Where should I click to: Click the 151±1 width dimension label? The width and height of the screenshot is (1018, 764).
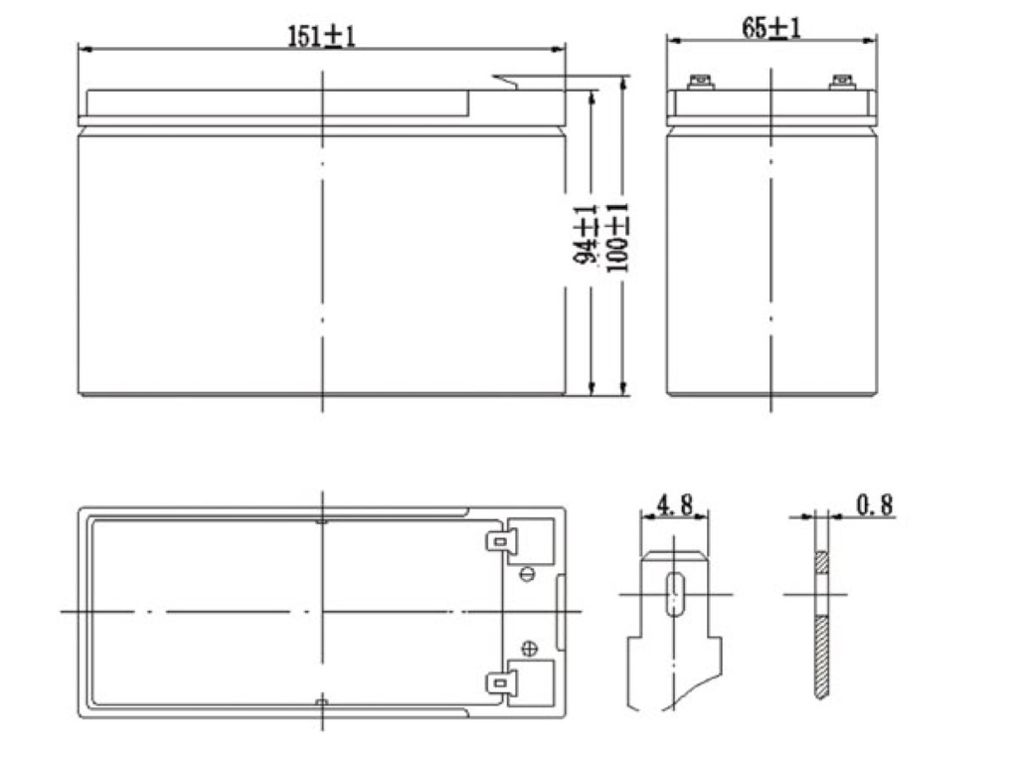point(321,36)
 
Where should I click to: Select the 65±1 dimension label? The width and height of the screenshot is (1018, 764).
point(771,28)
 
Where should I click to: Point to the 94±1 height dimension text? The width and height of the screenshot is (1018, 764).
point(585,234)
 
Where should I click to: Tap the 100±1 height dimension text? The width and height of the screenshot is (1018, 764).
point(616,237)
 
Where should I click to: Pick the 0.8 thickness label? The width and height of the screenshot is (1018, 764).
point(875,504)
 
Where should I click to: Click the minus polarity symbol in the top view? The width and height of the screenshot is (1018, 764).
point(528,574)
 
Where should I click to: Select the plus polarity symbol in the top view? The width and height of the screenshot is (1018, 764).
point(530,649)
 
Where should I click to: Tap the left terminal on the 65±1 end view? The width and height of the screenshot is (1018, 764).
point(701,83)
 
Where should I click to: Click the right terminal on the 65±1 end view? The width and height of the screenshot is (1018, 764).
point(842,83)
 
